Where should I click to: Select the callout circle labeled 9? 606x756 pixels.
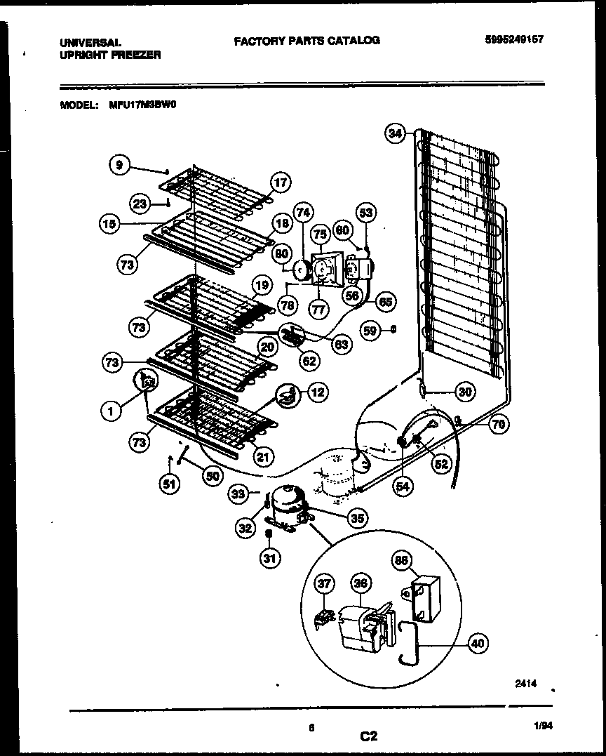point(120,165)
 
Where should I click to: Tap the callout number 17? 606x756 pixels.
point(280,183)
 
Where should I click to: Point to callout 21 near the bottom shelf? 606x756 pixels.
point(262,457)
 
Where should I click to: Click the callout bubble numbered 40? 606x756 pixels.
point(477,642)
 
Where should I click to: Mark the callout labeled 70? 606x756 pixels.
point(499,423)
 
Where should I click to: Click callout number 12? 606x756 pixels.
point(317,392)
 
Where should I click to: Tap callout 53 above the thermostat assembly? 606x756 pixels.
point(366,212)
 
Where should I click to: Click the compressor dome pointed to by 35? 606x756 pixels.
point(286,500)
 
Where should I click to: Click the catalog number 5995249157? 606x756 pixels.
point(513,40)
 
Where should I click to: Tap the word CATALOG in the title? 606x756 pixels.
point(351,41)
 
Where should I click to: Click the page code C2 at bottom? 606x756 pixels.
point(369,736)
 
